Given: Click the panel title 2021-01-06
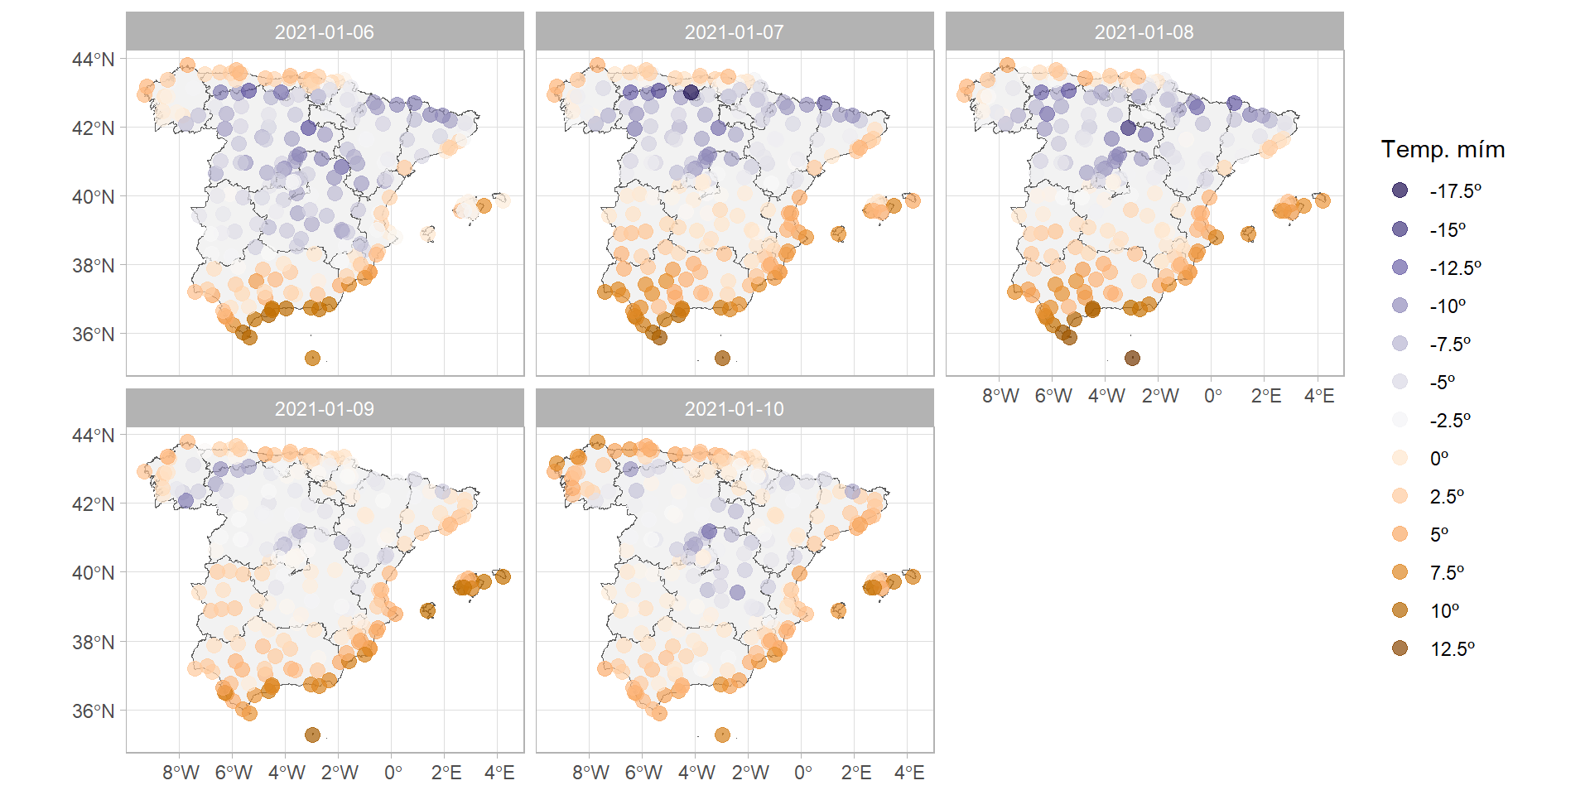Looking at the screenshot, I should tap(324, 32).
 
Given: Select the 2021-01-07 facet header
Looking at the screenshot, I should tap(734, 32).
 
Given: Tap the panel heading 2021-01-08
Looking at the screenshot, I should tap(1144, 32).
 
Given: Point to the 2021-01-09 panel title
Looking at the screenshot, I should tap(324, 409).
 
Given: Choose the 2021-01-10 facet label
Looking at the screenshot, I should tap(734, 409).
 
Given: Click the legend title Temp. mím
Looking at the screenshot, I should tap(1443, 149).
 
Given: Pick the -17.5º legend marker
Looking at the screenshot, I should tap(1400, 190).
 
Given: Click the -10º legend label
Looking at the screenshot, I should tap(1448, 306).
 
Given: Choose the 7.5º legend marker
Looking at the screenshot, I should tap(1400, 572).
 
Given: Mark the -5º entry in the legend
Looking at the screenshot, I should tap(1400, 382).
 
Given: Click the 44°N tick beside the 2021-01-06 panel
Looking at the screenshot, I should tap(93, 59).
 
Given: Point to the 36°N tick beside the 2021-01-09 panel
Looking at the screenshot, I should tap(93, 711).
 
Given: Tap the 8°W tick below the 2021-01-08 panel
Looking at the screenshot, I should tap(1000, 396).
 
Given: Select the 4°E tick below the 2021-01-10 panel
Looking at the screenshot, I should tap(909, 773).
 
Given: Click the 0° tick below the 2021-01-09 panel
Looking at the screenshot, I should tap(393, 773).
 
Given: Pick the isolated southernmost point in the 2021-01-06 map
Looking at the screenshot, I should tap(312, 358).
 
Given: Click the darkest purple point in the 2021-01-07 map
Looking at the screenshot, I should tap(691, 92).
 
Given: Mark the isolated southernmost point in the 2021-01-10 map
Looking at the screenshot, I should tap(722, 735).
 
